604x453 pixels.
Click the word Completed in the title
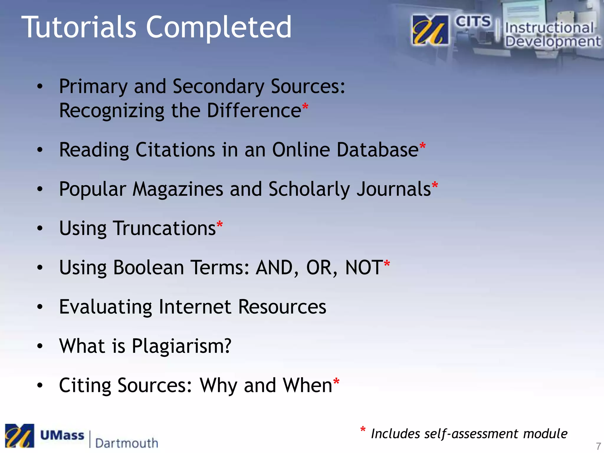[219, 27]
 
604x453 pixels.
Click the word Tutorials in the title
[79, 27]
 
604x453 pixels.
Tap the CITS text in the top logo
[473, 22]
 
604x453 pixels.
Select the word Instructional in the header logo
[549, 28]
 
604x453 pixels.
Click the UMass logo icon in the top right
[430, 30]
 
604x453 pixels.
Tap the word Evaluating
[106, 307]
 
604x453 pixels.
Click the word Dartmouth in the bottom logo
[127, 443]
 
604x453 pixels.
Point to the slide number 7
[598, 446]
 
